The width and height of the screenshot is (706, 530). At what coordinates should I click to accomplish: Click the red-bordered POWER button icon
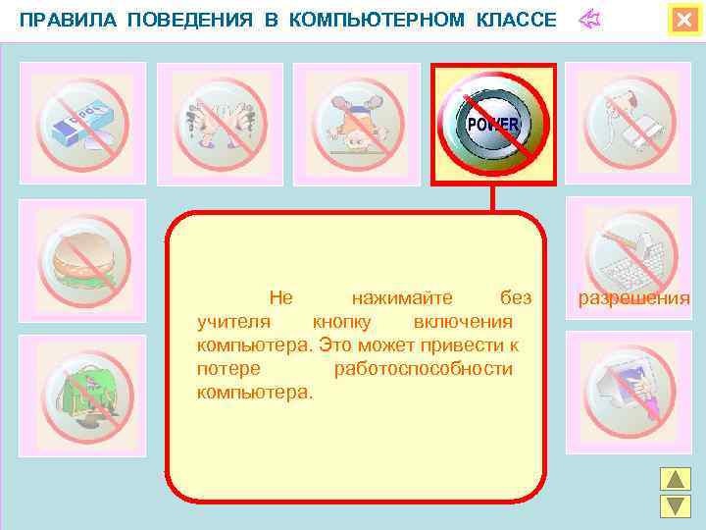pos(493,126)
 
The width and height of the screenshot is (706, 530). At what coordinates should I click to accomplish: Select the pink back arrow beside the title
pos(589,20)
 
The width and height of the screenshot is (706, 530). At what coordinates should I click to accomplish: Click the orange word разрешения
pos(633,297)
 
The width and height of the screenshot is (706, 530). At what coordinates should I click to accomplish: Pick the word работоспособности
pos(424,368)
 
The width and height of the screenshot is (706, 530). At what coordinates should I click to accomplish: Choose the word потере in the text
pos(227,368)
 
